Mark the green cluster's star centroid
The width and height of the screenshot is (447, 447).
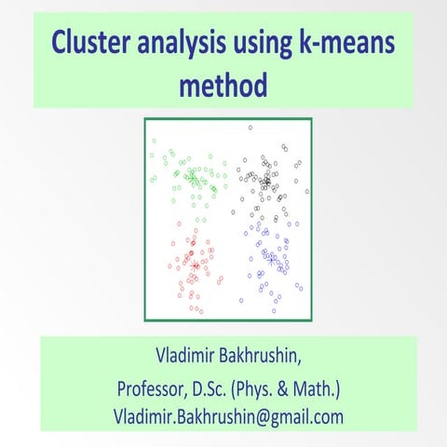click(x=191, y=175)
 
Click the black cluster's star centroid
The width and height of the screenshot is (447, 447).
click(x=266, y=182)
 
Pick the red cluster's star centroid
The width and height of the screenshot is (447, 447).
click(x=195, y=265)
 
